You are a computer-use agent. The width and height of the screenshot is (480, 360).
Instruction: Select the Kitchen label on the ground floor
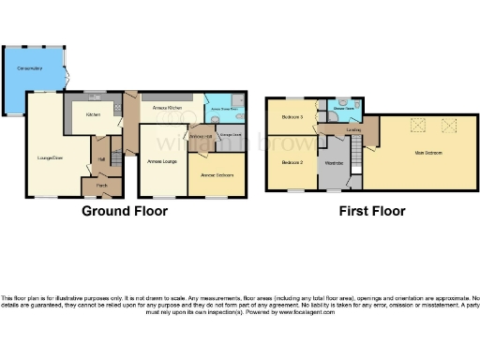pos(93,114)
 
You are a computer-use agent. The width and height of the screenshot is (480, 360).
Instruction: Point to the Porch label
pos(98,187)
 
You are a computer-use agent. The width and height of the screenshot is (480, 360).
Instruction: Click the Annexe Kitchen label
pos(167,108)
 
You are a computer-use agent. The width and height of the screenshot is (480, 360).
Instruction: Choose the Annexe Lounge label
pos(162,162)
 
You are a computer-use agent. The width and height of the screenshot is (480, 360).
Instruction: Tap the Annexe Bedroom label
pos(217,175)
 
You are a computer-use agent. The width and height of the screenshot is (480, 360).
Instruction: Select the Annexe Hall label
pos(201,137)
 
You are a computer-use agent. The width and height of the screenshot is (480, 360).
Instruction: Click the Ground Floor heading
pos(125,211)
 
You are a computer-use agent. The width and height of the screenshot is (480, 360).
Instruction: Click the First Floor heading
pos(372,211)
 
